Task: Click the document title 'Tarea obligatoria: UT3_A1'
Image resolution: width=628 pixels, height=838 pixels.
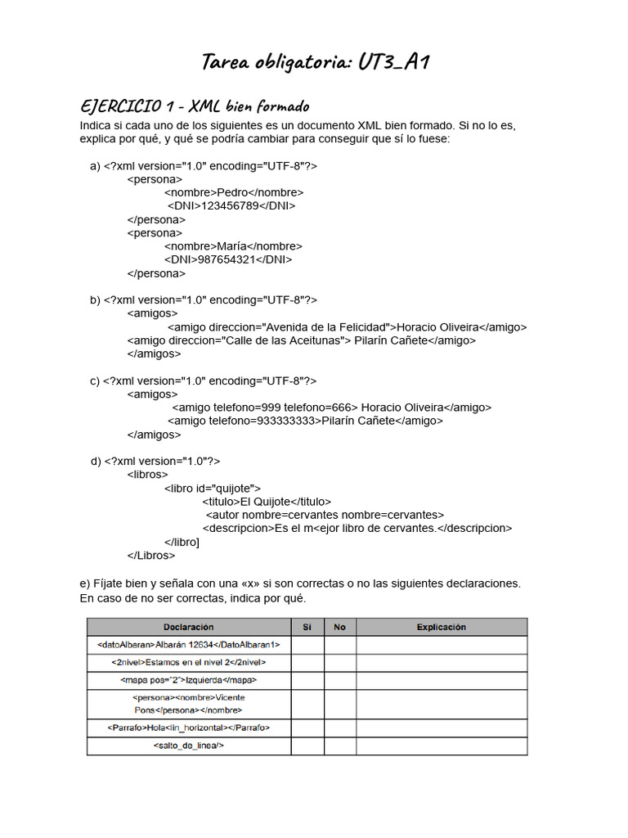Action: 315,62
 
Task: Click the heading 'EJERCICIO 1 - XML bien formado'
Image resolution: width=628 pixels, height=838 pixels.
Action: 195,106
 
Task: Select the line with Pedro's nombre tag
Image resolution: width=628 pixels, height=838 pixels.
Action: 233,192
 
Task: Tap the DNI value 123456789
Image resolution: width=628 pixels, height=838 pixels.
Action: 230,206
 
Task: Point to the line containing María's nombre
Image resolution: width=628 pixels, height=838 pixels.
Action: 232,246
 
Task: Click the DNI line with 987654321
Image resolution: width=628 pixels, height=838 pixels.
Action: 227,259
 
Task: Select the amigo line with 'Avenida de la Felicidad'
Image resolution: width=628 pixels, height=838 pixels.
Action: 347,327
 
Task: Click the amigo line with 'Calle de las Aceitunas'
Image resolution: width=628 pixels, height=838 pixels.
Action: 301,340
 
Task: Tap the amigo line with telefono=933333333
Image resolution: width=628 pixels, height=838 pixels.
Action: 305,421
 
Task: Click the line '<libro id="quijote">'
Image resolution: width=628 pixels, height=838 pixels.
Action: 212,488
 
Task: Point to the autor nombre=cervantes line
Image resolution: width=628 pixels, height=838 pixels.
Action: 325,515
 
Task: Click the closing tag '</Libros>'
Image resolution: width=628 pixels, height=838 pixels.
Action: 151,555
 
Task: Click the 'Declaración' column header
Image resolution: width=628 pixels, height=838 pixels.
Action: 189,628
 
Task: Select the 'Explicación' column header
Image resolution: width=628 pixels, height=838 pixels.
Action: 441,628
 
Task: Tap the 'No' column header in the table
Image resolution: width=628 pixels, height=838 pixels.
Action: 339,628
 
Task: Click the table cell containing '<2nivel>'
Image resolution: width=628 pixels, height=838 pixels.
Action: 189,663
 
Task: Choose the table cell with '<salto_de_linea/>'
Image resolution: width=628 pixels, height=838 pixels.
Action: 189,746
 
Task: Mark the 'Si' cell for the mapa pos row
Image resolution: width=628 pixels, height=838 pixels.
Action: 307,681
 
